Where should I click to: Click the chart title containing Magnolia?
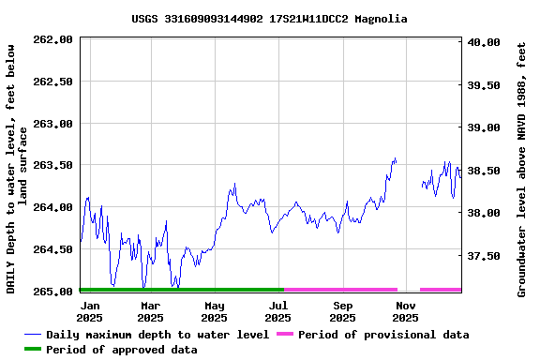[269, 19]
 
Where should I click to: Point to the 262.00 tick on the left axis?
[54, 39]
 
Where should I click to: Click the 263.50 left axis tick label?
[54, 165]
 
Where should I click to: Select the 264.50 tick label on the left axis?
[54, 249]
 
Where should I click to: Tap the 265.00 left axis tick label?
[54, 292]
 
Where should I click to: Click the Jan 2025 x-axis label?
[91, 311]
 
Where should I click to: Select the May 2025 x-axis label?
[215, 311]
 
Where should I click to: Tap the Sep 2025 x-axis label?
[343, 311]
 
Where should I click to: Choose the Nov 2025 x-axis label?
[406, 311]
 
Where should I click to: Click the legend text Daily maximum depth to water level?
[157, 335]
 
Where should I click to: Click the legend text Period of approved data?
[122, 350]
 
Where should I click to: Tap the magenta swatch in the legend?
[285, 335]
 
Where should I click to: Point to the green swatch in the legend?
[33, 350]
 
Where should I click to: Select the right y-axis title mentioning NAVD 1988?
[522, 167]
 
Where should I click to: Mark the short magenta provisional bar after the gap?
[441, 290]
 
